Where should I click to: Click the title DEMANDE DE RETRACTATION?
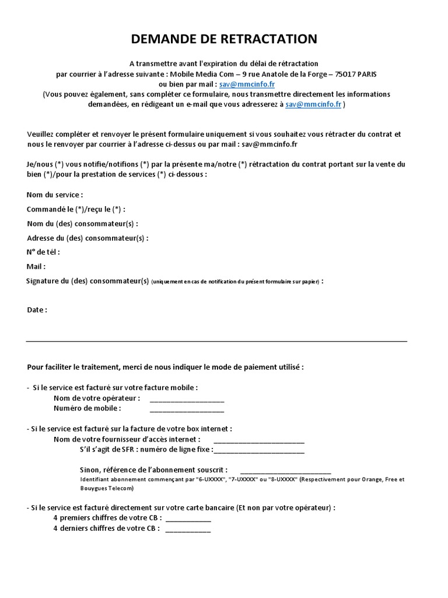[x=224, y=39]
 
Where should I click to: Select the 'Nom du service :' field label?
[x=55, y=194]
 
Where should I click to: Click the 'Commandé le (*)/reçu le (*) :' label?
[x=76, y=209]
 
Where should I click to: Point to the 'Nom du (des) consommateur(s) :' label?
[x=82, y=223]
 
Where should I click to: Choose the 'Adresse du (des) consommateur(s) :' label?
[x=87, y=238]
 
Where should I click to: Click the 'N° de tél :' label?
[x=44, y=252]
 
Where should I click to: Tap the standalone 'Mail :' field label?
[x=36, y=266]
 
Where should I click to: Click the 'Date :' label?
[x=37, y=310]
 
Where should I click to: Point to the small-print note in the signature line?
[x=236, y=281]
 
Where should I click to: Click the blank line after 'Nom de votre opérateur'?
[x=187, y=399]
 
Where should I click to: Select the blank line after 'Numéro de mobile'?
[x=187, y=409]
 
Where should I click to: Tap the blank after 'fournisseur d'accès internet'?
[x=259, y=440]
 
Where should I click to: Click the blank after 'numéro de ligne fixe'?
[x=259, y=450]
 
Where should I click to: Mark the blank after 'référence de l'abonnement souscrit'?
[x=285, y=470]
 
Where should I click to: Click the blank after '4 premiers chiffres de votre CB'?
[x=188, y=519]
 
